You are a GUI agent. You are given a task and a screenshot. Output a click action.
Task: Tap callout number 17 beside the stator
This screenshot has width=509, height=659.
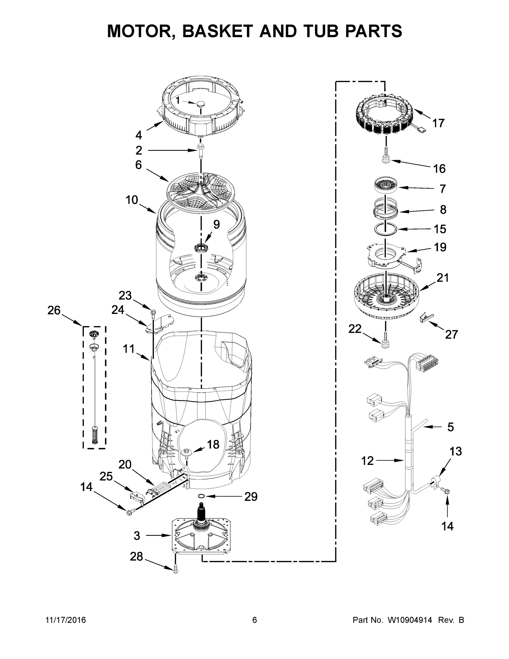pos(438,123)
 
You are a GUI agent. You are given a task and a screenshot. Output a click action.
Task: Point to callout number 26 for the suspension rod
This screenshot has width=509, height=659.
pos(54,310)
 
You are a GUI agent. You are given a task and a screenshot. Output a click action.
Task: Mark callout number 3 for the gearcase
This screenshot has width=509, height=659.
pos(137,536)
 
